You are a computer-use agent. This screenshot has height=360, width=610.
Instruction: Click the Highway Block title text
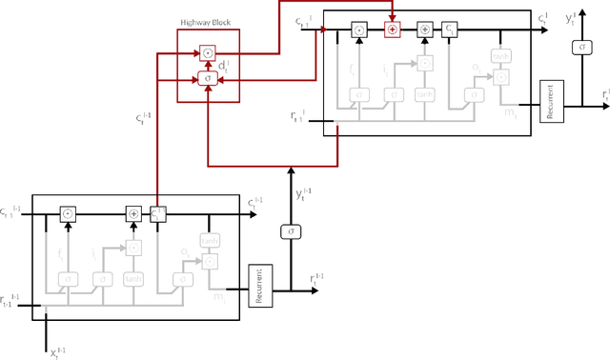pyautogui.click(x=208, y=23)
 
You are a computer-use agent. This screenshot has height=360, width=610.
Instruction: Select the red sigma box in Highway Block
pyautogui.click(x=208, y=76)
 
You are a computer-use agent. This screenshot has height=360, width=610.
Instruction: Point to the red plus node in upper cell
pyautogui.click(x=392, y=30)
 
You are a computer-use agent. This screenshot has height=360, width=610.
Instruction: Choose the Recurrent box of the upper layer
pyautogui.click(x=553, y=101)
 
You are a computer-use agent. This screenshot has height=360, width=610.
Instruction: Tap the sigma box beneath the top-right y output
pyautogui.click(x=579, y=48)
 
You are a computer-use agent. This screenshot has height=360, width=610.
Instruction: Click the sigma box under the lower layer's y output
pyautogui.click(x=290, y=231)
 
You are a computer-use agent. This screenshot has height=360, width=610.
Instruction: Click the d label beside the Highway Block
pyautogui.click(x=224, y=66)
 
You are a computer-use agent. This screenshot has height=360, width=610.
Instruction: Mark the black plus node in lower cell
pyautogui.click(x=133, y=214)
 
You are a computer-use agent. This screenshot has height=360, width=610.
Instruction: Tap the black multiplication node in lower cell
pyautogui.click(x=68, y=214)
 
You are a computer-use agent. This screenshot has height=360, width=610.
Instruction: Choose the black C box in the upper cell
pyautogui.click(x=450, y=30)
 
